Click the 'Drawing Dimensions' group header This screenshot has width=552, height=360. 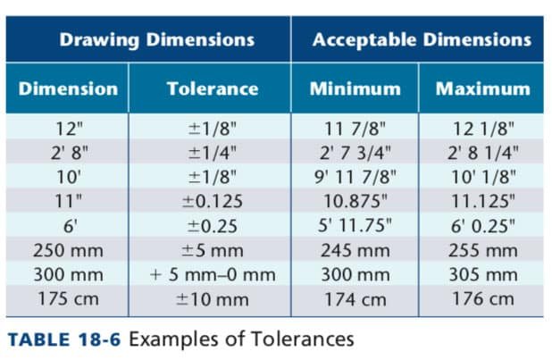pyautogui.click(x=157, y=40)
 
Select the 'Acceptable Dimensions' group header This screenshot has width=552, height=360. pyautogui.click(x=422, y=39)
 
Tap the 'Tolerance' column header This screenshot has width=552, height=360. pyautogui.click(x=213, y=88)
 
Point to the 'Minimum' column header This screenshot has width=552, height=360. pyautogui.click(x=355, y=88)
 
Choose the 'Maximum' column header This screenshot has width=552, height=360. pyautogui.click(x=483, y=88)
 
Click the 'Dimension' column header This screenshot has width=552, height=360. pyautogui.click(x=68, y=88)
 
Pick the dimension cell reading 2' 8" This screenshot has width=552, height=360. pyautogui.click(x=69, y=153)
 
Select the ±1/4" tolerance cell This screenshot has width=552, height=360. pyautogui.click(x=213, y=153)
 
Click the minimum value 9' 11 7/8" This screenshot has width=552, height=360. pyautogui.click(x=355, y=177)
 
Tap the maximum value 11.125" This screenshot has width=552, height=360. pyautogui.click(x=483, y=201)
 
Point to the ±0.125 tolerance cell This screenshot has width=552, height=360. pyautogui.click(x=213, y=202)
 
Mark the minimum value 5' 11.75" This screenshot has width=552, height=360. pyautogui.click(x=355, y=225)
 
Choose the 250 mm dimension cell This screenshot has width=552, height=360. pyautogui.click(x=68, y=250)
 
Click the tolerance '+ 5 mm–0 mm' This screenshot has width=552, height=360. pyautogui.click(x=213, y=275)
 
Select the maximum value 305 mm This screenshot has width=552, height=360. pyautogui.click(x=483, y=275)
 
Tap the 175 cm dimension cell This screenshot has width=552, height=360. pyautogui.click(x=68, y=299)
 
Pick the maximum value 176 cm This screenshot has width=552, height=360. pyautogui.click(x=483, y=299)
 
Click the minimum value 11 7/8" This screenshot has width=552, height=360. pyautogui.click(x=355, y=129)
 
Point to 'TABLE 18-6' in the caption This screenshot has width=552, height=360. pyautogui.click(x=64, y=339)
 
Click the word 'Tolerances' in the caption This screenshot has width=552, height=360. pyautogui.click(x=303, y=339)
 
